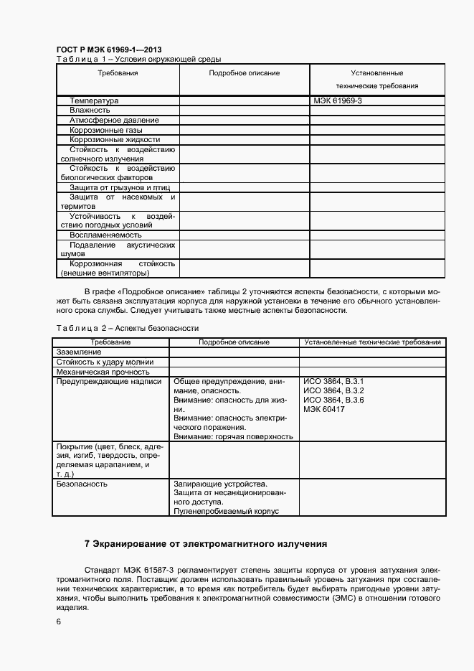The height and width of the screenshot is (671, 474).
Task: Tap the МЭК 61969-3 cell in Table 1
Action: click(x=337, y=101)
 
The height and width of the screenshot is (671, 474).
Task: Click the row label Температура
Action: click(x=94, y=101)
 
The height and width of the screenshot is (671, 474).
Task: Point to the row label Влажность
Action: click(x=90, y=111)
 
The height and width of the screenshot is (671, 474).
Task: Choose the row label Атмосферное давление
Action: click(x=114, y=120)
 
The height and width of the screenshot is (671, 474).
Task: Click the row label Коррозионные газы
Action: click(x=105, y=130)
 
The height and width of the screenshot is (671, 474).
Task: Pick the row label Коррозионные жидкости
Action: click(x=115, y=139)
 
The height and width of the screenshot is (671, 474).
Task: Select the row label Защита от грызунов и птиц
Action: click(x=120, y=187)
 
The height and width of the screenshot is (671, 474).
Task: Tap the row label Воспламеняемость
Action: click(x=105, y=235)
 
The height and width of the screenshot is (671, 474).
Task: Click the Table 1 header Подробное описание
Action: click(x=245, y=73)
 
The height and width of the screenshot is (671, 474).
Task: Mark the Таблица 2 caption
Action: click(x=127, y=328)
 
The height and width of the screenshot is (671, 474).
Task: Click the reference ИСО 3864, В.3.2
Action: click(x=333, y=390)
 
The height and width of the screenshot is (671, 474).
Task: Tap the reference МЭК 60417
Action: click(x=324, y=409)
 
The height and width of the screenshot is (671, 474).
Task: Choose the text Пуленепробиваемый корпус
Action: click(x=226, y=511)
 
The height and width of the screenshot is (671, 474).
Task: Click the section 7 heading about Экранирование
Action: click(x=205, y=543)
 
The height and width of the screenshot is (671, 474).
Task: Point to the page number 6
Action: click(x=58, y=621)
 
